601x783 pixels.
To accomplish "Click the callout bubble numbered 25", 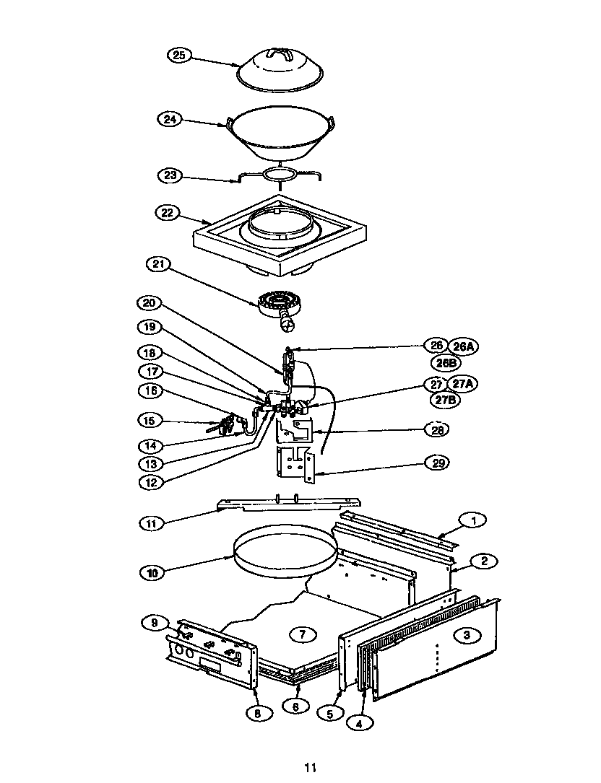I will click(x=179, y=55).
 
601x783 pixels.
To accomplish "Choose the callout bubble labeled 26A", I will click(x=465, y=346).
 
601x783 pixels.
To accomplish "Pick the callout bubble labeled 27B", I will click(x=444, y=399).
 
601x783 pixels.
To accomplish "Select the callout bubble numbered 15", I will click(x=149, y=420).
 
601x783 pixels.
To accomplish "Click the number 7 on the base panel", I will click(x=303, y=635).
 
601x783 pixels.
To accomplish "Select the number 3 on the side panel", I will click(x=467, y=635).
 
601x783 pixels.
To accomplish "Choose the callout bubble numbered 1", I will click(x=474, y=519).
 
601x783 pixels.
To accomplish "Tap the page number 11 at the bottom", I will click(x=310, y=768).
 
